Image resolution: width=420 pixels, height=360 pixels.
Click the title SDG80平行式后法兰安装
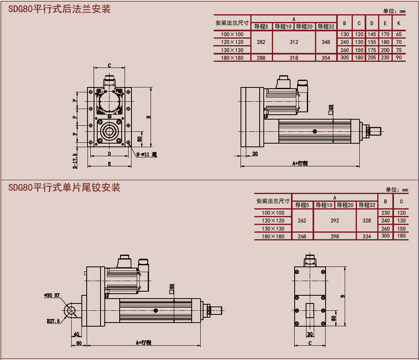[x=59, y=9]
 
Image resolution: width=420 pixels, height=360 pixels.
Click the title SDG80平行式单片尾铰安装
[x=64, y=188]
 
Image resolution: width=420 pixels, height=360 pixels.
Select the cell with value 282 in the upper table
[x=261, y=42]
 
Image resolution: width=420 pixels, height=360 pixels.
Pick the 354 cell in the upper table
[x=326, y=58]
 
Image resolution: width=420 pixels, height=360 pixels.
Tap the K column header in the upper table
[x=399, y=23]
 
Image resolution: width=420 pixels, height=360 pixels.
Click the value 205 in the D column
[x=372, y=58]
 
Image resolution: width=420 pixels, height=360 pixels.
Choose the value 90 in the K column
[x=399, y=58]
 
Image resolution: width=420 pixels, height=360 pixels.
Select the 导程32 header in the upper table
[x=326, y=27]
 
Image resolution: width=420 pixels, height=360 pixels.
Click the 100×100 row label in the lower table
[x=273, y=213]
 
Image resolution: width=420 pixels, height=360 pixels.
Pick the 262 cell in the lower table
[x=302, y=220]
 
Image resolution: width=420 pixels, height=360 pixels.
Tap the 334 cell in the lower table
[x=367, y=236]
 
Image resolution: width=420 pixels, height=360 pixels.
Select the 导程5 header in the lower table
[x=302, y=205]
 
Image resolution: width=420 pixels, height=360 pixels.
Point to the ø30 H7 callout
[x=52, y=295]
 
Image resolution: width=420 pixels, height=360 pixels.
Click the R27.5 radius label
[x=53, y=321]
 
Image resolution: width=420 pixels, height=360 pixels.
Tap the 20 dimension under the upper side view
[x=255, y=153]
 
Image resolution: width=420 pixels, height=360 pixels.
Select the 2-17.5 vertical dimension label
[x=75, y=160]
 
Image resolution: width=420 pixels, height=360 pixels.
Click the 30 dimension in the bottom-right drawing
[x=310, y=334]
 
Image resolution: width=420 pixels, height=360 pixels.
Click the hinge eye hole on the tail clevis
[x=72, y=311]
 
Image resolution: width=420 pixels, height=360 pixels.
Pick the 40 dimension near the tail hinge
[x=76, y=334]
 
